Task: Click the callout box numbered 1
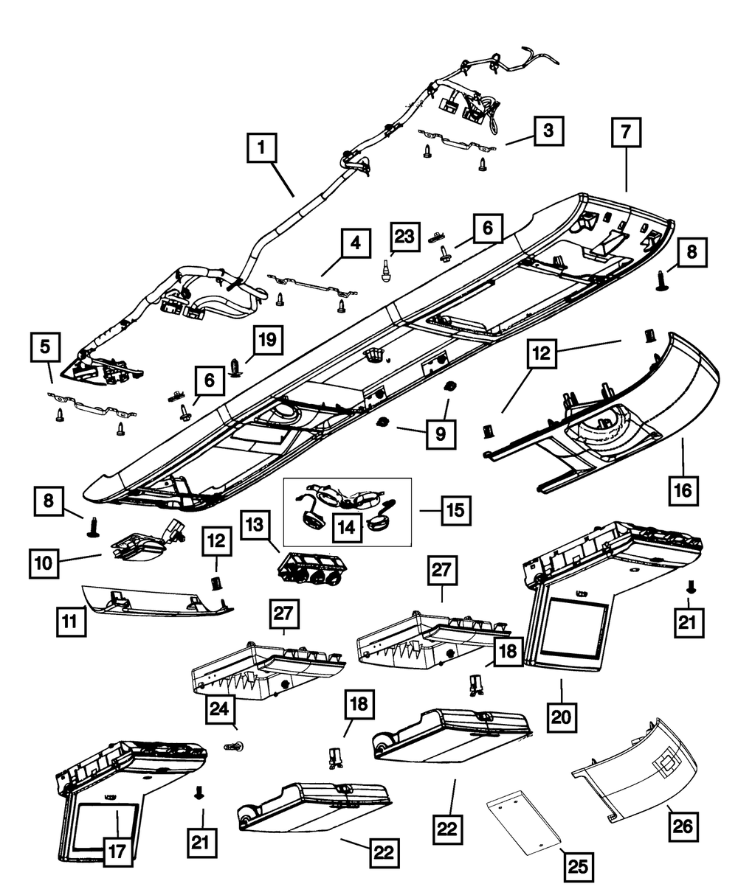click(262, 148)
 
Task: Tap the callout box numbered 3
click(549, 130)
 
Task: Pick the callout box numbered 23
click(404, 237)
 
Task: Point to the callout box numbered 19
click(268, 340)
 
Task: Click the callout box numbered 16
click(683, 490)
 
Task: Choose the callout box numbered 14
click(347, 527)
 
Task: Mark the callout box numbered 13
click(255, 525)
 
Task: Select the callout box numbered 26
click(683, 826)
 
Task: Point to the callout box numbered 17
click(117, 852)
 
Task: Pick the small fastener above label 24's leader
click(235, 746)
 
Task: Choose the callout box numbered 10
click(44, 564)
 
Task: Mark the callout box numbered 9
click(441, 434)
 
